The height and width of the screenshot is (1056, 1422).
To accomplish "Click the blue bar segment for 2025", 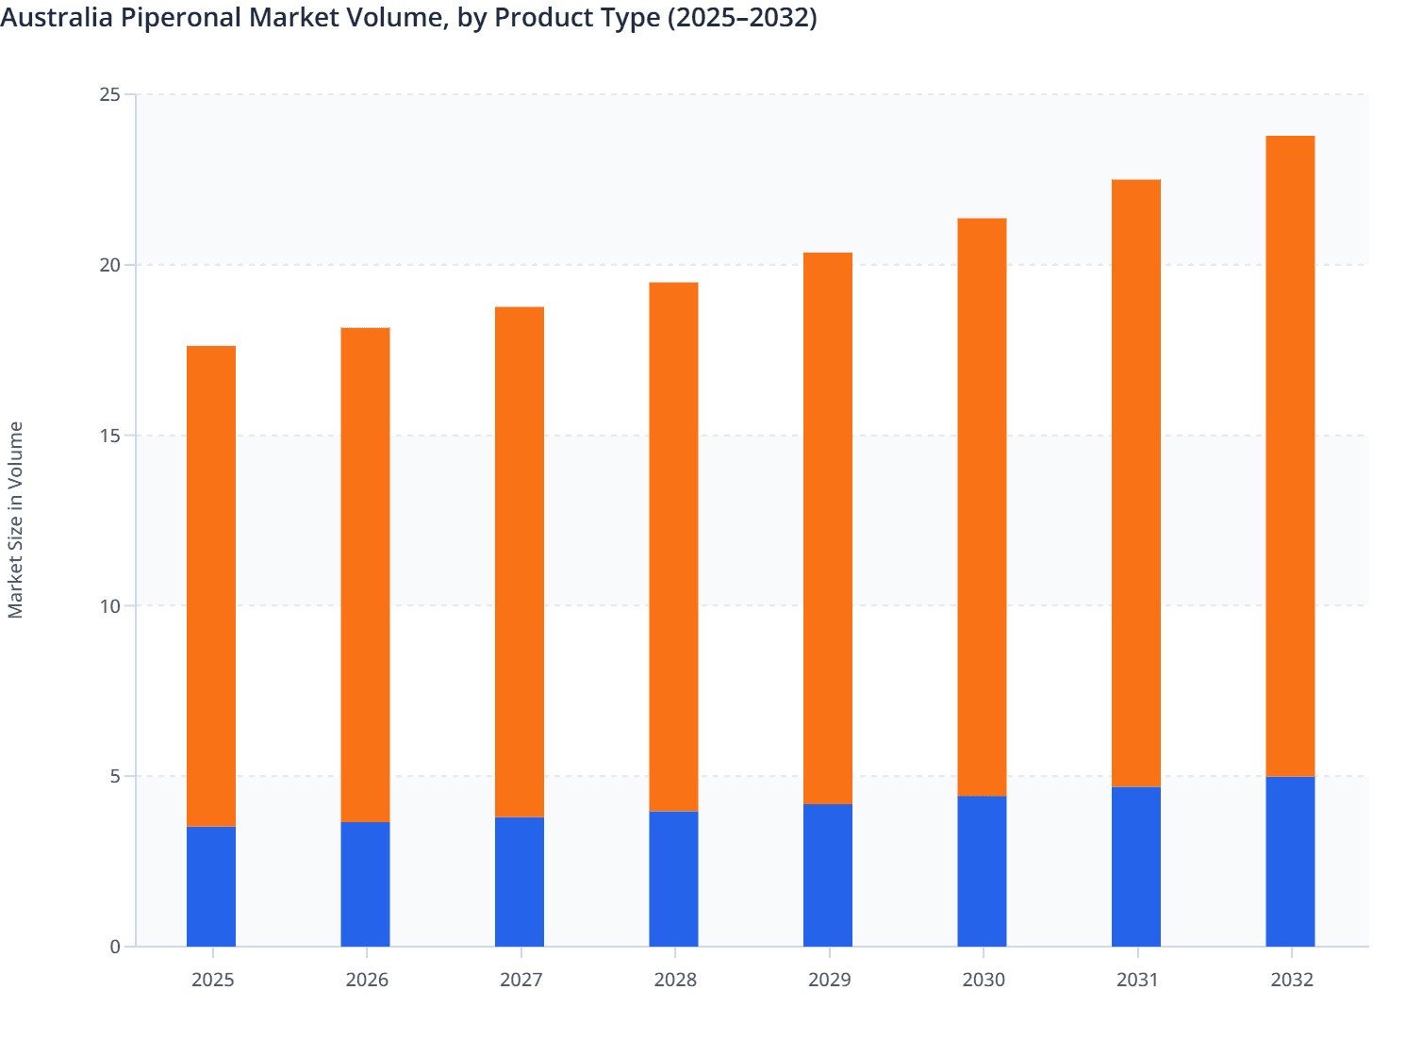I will pyautogui.click(x=211, y=886).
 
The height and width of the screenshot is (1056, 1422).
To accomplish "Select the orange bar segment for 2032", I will pyautogui.click(x=1290, y=456).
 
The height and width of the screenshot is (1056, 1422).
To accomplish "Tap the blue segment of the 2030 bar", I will pyautogui.click(x=982, y=871).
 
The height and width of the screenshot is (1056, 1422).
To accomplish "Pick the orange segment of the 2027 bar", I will pyautogui.click(x=520, y=562).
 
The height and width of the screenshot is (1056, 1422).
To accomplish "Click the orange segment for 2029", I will pyautogui.click(x=828, y=528).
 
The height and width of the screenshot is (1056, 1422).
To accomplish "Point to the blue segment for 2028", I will pyautogui.click(x=673, y=879).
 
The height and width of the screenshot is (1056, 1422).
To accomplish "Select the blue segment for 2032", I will pyautogui.click(x=1290, y=862).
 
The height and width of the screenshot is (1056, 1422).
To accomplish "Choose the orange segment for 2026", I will pyautogui.click(x=365, y=575).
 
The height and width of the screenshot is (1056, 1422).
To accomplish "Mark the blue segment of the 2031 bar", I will pyautogui.click(x=1136, y=866).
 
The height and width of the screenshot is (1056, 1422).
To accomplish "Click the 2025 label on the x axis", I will pyautogui.click(x=212, y=980).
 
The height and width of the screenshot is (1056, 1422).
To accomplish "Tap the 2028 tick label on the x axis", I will pyautogui.click(x=675, y=980).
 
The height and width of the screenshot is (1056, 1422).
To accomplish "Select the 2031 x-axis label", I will pyautogui.click(x=1137, y=980).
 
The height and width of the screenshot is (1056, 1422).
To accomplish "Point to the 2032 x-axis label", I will pyautogui.click(x=1292, y=980).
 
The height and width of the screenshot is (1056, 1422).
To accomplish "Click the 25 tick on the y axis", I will pyautogui.click(x=109, y=94).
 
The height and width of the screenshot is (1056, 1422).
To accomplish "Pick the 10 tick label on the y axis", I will pyautogui.click(x=109, y=605).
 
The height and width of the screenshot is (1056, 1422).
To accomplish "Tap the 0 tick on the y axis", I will pyautogui.click(x=115, y=947).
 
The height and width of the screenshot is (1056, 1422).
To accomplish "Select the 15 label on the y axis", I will pyautogui.click(x=109, y=436).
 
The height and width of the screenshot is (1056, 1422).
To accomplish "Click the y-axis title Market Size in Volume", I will pyautogui.click(x=16, y=520).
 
